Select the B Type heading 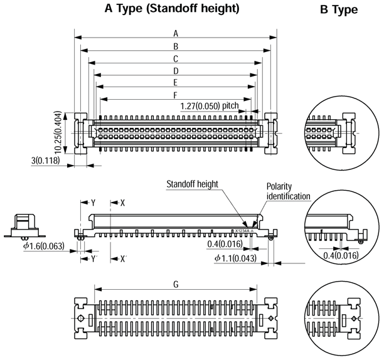[339, 10]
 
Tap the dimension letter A [176, 33]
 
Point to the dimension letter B [176, 46]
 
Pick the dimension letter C [176, 58]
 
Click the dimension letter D [176, 70]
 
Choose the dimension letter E [176, 82]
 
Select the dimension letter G [176, 284]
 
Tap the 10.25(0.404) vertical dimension [58, 133]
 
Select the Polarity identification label [288, 191]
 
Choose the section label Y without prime [93, 203]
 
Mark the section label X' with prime [123, 259]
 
